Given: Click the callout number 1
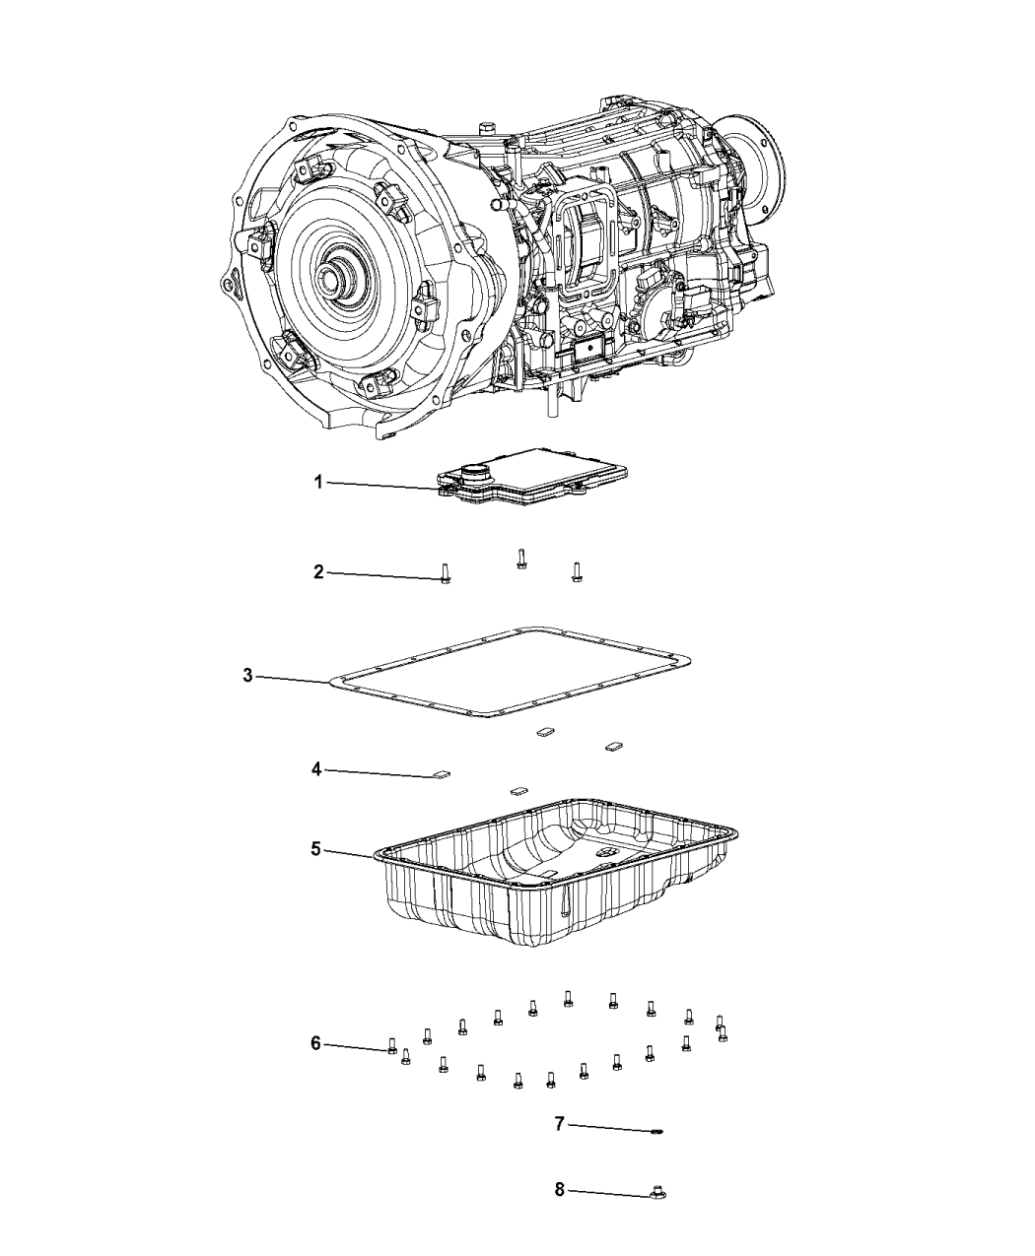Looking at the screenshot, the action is [x=318, y=482].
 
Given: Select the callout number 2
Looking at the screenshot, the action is [x=318, y=572].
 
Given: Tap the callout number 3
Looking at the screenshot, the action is [x=247, y=676].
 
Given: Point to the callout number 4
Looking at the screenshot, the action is [x=316, y=769].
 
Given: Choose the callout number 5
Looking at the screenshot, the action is [x=316, y=849].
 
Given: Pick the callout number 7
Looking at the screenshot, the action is [x=559, y=1123].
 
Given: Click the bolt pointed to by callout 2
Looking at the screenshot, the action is [x=445, y=573].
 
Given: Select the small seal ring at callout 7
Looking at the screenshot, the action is [x=656, y=1132].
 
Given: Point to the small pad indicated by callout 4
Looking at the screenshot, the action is [x=442, y=773].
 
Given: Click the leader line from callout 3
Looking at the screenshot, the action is [x=294, y=679].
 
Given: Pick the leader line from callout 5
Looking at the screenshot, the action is [x=350, y=852].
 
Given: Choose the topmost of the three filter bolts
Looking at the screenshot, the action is [x=521, y=559].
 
